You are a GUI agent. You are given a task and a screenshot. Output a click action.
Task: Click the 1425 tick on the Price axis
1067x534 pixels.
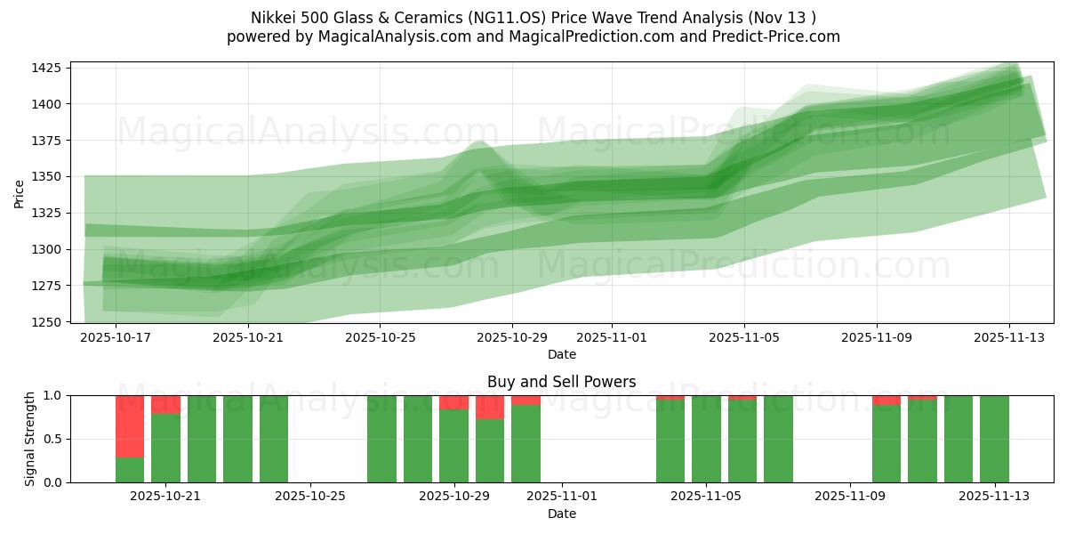[x=47, y=68]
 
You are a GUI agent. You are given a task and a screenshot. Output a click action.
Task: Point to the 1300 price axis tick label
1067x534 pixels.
[x=47, y=249]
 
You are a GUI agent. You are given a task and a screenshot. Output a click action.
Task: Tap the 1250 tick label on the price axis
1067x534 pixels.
[x=47, y=322]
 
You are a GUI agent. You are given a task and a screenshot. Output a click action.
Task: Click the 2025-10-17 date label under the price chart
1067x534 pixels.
[x=116, y=337]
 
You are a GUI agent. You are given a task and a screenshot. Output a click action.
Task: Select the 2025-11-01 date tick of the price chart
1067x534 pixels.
[x=612, y=337]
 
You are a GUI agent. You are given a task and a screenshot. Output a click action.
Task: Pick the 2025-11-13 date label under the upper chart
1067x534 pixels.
[x=1009, y=337]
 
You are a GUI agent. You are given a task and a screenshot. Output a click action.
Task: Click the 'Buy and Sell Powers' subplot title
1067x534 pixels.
[x=561, y=382]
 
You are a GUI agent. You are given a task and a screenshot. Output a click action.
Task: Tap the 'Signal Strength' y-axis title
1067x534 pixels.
[x=31, y=439]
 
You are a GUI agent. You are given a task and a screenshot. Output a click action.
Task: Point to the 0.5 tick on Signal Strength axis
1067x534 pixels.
[x=52, y=439]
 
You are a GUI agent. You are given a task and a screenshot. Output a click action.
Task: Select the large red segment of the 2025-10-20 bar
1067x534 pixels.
[x=130, y=425]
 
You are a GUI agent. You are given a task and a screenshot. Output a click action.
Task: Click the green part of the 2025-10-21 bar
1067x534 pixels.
[x=165, y=448]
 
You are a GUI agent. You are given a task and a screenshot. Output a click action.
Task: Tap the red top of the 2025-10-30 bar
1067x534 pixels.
[x=490, y=407]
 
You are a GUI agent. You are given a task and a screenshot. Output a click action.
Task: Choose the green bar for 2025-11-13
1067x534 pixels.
[x=994, y=439]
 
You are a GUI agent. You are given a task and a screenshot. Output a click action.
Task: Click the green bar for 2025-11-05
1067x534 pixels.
[x=706, y=439]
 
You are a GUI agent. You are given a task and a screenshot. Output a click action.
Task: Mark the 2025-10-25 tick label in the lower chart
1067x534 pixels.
[x=310, y=497]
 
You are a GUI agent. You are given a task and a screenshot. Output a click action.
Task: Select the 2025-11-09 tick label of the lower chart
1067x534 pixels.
[x=850, y=497]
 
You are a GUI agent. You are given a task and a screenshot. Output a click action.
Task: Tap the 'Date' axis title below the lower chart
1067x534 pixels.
[x=561, y=514]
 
